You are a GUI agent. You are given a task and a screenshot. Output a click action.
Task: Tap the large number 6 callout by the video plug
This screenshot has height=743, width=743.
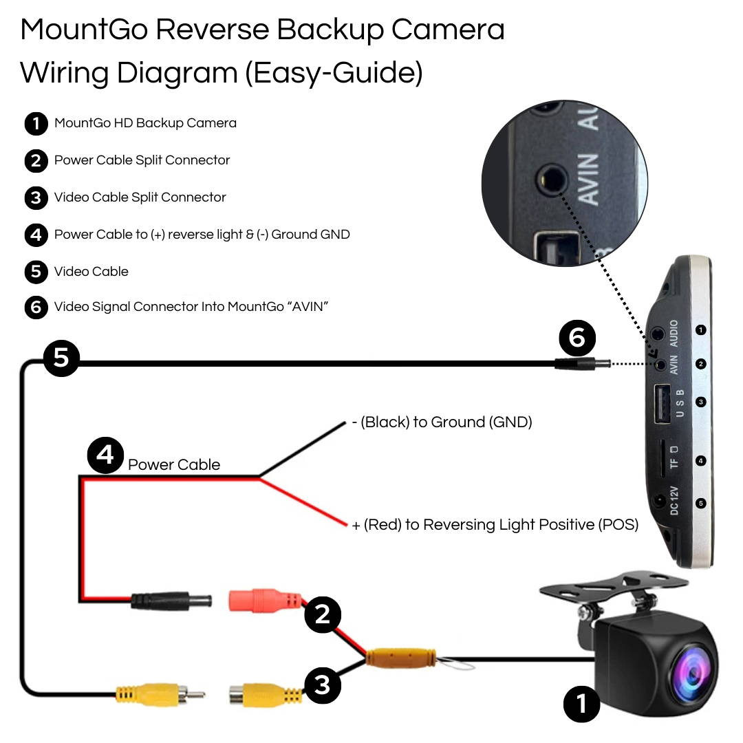(577, 338)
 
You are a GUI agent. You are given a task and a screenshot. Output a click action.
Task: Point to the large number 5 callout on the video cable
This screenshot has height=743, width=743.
(61, 358)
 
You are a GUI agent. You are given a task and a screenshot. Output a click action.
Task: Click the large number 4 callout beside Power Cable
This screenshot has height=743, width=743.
(105, 456)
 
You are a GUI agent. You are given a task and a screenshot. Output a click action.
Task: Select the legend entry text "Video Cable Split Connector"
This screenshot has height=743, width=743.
(140, 197)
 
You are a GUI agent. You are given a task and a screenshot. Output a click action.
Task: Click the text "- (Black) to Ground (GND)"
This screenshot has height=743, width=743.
(442, 422)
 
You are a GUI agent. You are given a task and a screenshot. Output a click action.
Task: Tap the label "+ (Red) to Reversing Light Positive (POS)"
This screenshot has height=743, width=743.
(495, 525)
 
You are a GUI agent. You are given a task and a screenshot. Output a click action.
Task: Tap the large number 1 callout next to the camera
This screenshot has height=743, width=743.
(582, 704)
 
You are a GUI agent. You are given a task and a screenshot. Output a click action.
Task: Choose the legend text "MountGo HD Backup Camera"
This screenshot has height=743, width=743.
(145, 123)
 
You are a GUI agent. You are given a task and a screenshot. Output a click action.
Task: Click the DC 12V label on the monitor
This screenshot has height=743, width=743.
(674, 500)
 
